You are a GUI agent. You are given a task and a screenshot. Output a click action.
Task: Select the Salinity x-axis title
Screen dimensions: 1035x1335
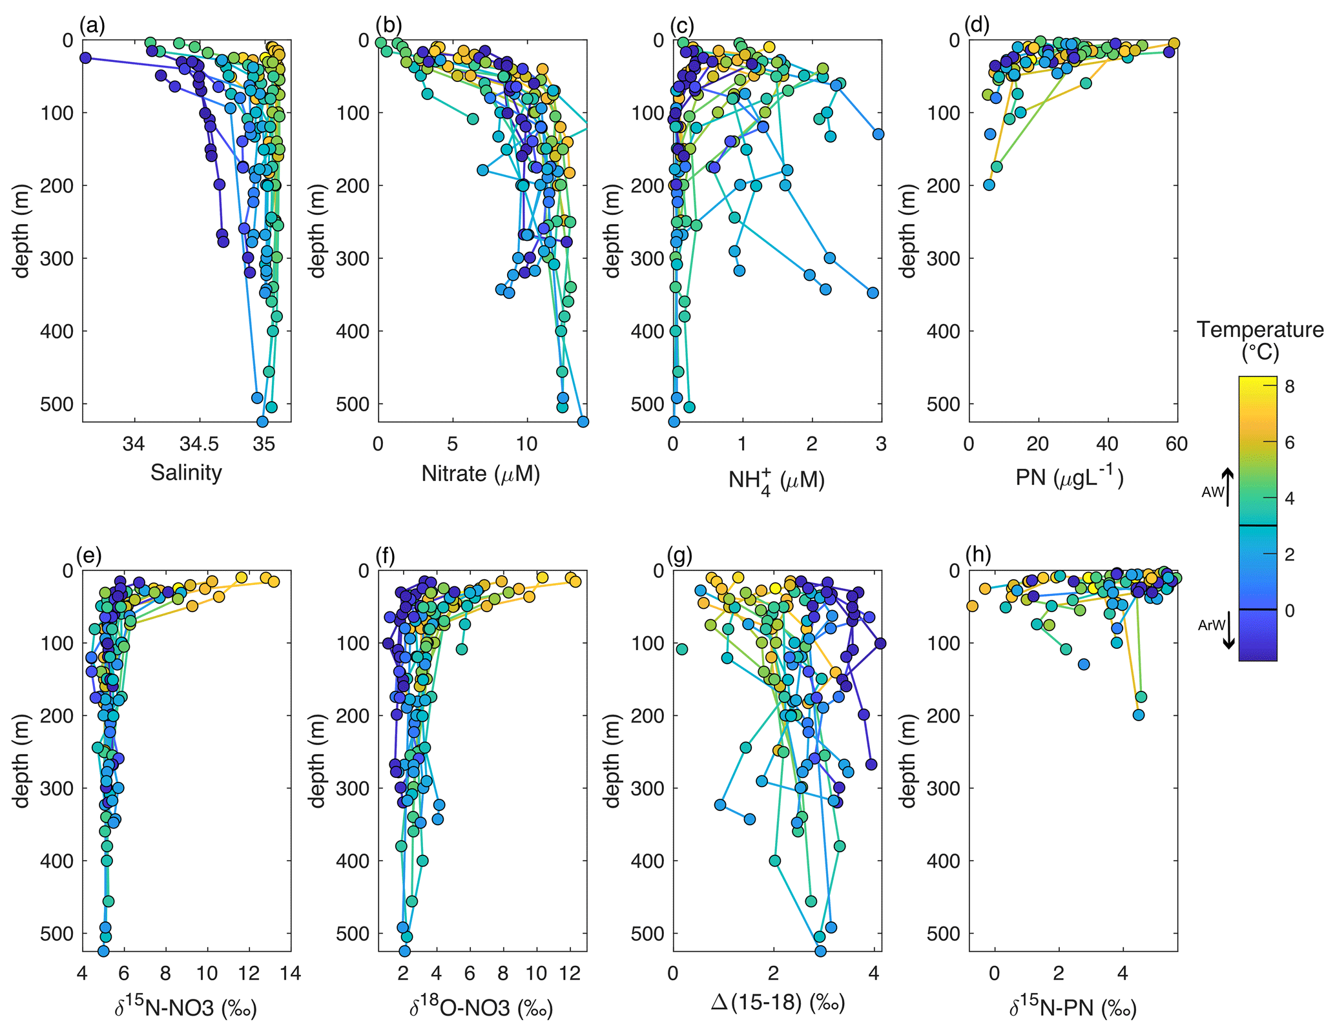(x=186, y=473)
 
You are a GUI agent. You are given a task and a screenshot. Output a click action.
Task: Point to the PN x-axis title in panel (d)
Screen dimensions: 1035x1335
(x=1070, y=477)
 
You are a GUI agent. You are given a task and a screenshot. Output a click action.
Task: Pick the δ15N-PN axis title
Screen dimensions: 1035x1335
(x=1072, y=1007)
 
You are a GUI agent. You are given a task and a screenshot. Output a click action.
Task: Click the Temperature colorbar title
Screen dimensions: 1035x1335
(x=1259, y=340)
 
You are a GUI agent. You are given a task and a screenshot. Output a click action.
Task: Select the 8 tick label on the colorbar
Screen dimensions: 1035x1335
(x=1289, y=386)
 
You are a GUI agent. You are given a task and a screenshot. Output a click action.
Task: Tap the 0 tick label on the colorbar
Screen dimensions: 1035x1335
(x=1289, y=610)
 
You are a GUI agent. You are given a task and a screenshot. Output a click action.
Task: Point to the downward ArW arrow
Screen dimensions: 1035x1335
(x=1228, y=629)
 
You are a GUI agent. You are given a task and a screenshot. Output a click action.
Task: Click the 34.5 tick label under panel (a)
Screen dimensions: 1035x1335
(x=199, y=444)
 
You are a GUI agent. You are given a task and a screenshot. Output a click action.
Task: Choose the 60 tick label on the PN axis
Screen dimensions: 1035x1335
(x=1176, y=444)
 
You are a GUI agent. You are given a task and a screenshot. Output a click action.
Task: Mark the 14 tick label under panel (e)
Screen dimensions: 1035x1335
(x=291, y=973)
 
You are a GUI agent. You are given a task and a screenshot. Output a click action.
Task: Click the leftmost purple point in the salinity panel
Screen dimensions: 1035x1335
(x=85, y=57)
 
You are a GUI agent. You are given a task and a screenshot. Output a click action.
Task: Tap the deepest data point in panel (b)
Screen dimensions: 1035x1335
(x=583, y=422)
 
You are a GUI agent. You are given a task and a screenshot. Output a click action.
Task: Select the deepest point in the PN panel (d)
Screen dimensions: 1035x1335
(x=989, y=185)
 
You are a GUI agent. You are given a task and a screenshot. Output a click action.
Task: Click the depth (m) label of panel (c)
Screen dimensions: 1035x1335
(x=612, y=231)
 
